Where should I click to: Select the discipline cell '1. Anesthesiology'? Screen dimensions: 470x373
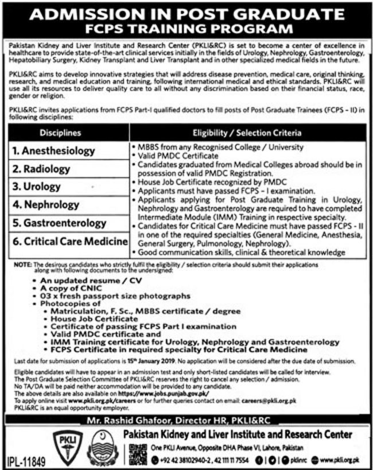pyautogui.click(x=54, y=151)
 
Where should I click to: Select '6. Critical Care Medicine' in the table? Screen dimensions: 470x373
pyautogui.click(x=69, y=240)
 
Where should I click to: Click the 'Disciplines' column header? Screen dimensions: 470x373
pyautogui.click(x=68, y=133)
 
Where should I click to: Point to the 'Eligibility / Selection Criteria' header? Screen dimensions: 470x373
pyautogui.click(x=247, y=133)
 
